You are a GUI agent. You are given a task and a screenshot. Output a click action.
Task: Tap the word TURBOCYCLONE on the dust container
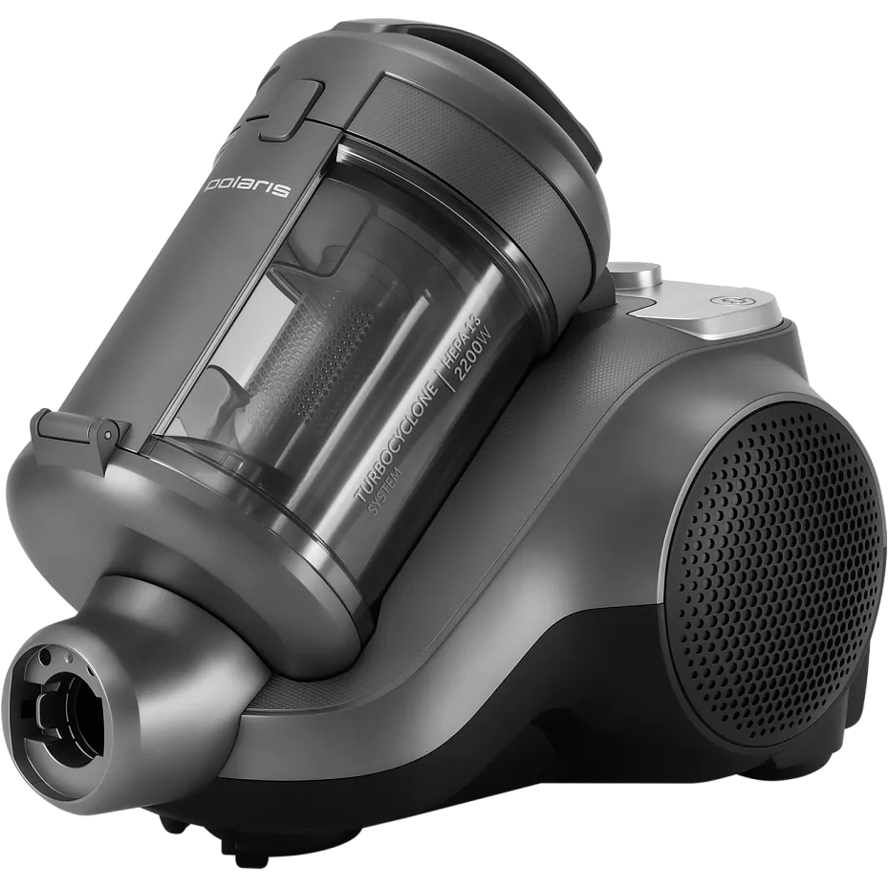click(398, 443)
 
